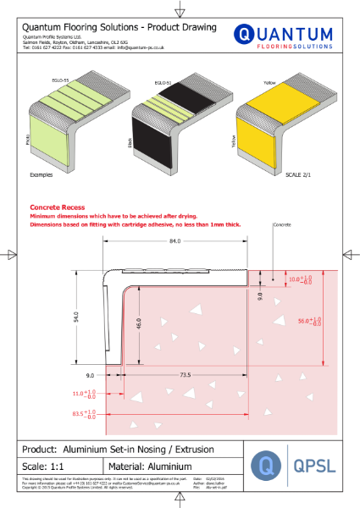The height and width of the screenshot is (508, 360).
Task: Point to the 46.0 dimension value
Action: coord(139,323)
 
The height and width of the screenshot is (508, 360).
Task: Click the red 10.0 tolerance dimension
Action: coord(300,278)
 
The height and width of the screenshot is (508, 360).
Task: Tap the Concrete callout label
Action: coord(285,227)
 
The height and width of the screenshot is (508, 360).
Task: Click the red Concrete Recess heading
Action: coord(55,207)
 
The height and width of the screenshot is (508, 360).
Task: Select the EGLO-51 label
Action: coord(163,82)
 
